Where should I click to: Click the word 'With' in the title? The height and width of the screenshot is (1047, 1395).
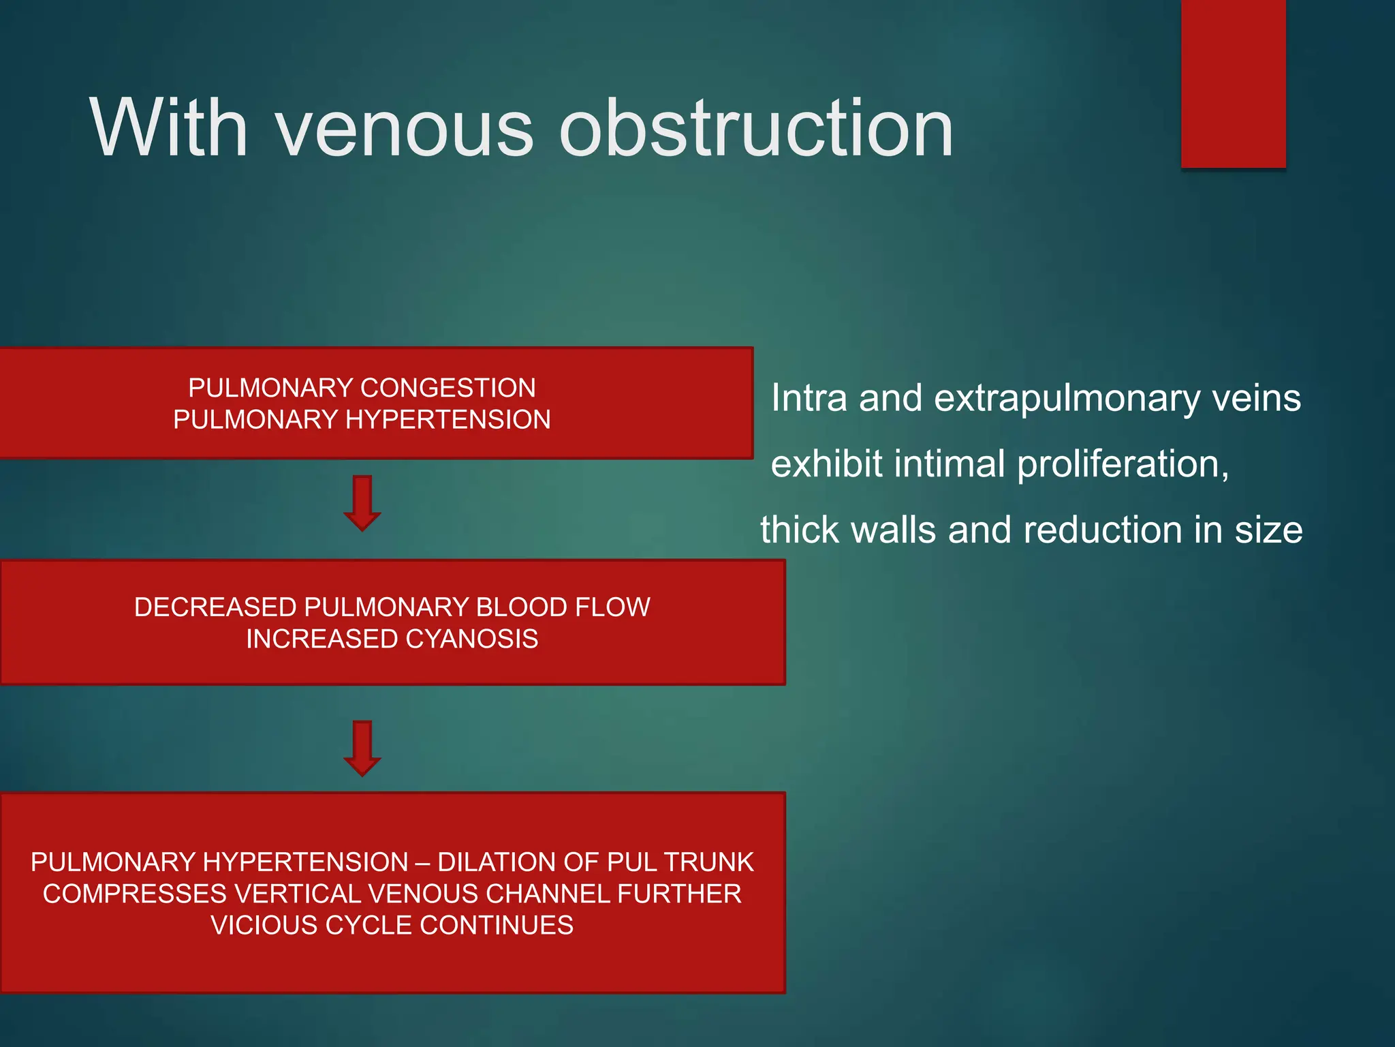[x=168, y=128]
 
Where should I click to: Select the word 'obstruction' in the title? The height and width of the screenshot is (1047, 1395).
[x=756, y=128]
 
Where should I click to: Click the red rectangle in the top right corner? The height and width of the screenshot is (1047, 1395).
[x=1233, y=83]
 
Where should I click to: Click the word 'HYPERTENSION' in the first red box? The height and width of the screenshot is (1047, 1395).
[x=448, y=419]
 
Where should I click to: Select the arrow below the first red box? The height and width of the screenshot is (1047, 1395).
[x=362, y=503]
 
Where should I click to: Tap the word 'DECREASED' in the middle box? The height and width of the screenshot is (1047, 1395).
[x=215, y=607]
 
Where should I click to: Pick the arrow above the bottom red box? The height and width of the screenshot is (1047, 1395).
[x=362, y=748]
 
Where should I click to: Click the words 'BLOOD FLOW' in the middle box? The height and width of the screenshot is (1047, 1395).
[x=563, y=607]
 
